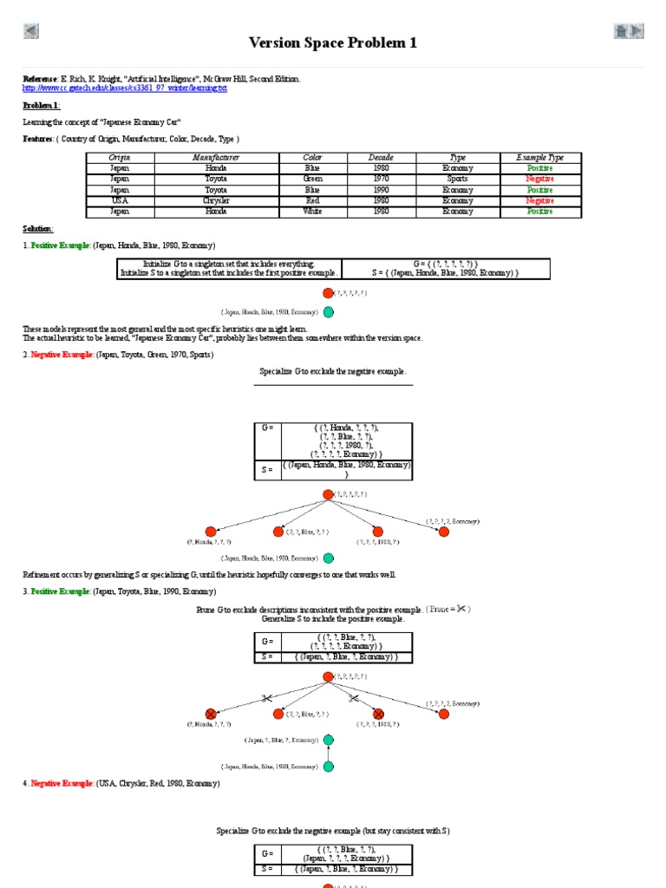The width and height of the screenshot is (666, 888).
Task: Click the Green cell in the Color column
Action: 312,179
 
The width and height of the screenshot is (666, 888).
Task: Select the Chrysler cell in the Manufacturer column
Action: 216,200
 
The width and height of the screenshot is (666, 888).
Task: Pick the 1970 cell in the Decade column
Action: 381,179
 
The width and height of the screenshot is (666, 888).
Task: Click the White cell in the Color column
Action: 312,211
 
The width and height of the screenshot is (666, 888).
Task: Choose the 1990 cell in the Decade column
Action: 381,189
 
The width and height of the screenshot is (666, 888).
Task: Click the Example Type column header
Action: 539,157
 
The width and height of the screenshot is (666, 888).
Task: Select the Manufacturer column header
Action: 216,157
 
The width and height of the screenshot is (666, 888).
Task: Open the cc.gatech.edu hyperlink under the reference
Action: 124,88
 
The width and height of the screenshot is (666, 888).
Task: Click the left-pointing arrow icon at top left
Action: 31,32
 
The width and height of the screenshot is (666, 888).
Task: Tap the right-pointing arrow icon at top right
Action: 637,32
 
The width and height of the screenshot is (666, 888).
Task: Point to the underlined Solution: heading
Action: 38,229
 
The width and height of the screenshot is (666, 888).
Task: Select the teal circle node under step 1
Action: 329,312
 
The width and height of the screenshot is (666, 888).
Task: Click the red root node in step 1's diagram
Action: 329,293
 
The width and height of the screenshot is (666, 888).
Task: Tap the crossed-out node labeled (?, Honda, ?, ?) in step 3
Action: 210,714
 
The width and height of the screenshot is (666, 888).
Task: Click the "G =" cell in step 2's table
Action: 267,428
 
